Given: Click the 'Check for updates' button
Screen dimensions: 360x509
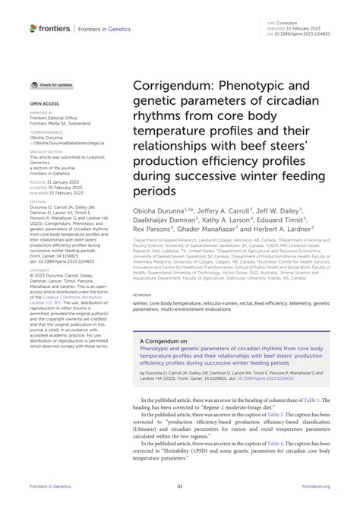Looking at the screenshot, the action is [x=52, y=85].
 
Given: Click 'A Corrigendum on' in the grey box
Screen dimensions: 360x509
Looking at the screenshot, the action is [x=166, y=342].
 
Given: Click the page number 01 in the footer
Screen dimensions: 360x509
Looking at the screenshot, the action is [x=180, y=485].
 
